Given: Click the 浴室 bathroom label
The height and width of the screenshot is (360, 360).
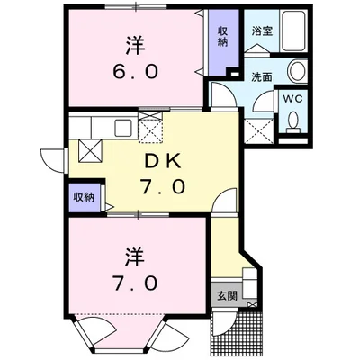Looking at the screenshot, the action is click(262, 31).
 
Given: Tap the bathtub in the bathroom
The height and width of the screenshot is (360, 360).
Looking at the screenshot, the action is click(294, 31).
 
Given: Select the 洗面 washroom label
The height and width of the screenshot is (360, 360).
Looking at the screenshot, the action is click(261, 77).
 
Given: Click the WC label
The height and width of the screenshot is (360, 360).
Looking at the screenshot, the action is click(292, 99).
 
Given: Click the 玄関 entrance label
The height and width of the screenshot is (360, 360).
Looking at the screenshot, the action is click(227, 296).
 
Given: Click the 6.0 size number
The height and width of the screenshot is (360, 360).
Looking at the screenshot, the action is click(135, 72).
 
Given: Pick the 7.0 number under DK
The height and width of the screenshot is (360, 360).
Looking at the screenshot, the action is click(163, 187).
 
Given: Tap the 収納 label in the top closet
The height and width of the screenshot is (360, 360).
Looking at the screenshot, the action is click(222, 36).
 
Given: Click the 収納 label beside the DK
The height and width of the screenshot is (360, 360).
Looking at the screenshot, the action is click(84, 197).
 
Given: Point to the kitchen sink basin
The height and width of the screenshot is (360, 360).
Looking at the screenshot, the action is click(123, 128).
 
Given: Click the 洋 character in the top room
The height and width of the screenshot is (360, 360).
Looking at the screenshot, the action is click(135, 46).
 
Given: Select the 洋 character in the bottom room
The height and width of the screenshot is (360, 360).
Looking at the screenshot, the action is click(135, 256).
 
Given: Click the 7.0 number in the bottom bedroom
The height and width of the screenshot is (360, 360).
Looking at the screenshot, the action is click(135, 283).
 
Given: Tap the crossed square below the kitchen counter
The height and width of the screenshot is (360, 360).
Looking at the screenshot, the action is click(90, 151).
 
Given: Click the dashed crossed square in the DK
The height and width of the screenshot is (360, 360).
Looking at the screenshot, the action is click(150, 128).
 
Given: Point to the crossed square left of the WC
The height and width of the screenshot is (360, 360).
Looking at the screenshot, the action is click(259, 131).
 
